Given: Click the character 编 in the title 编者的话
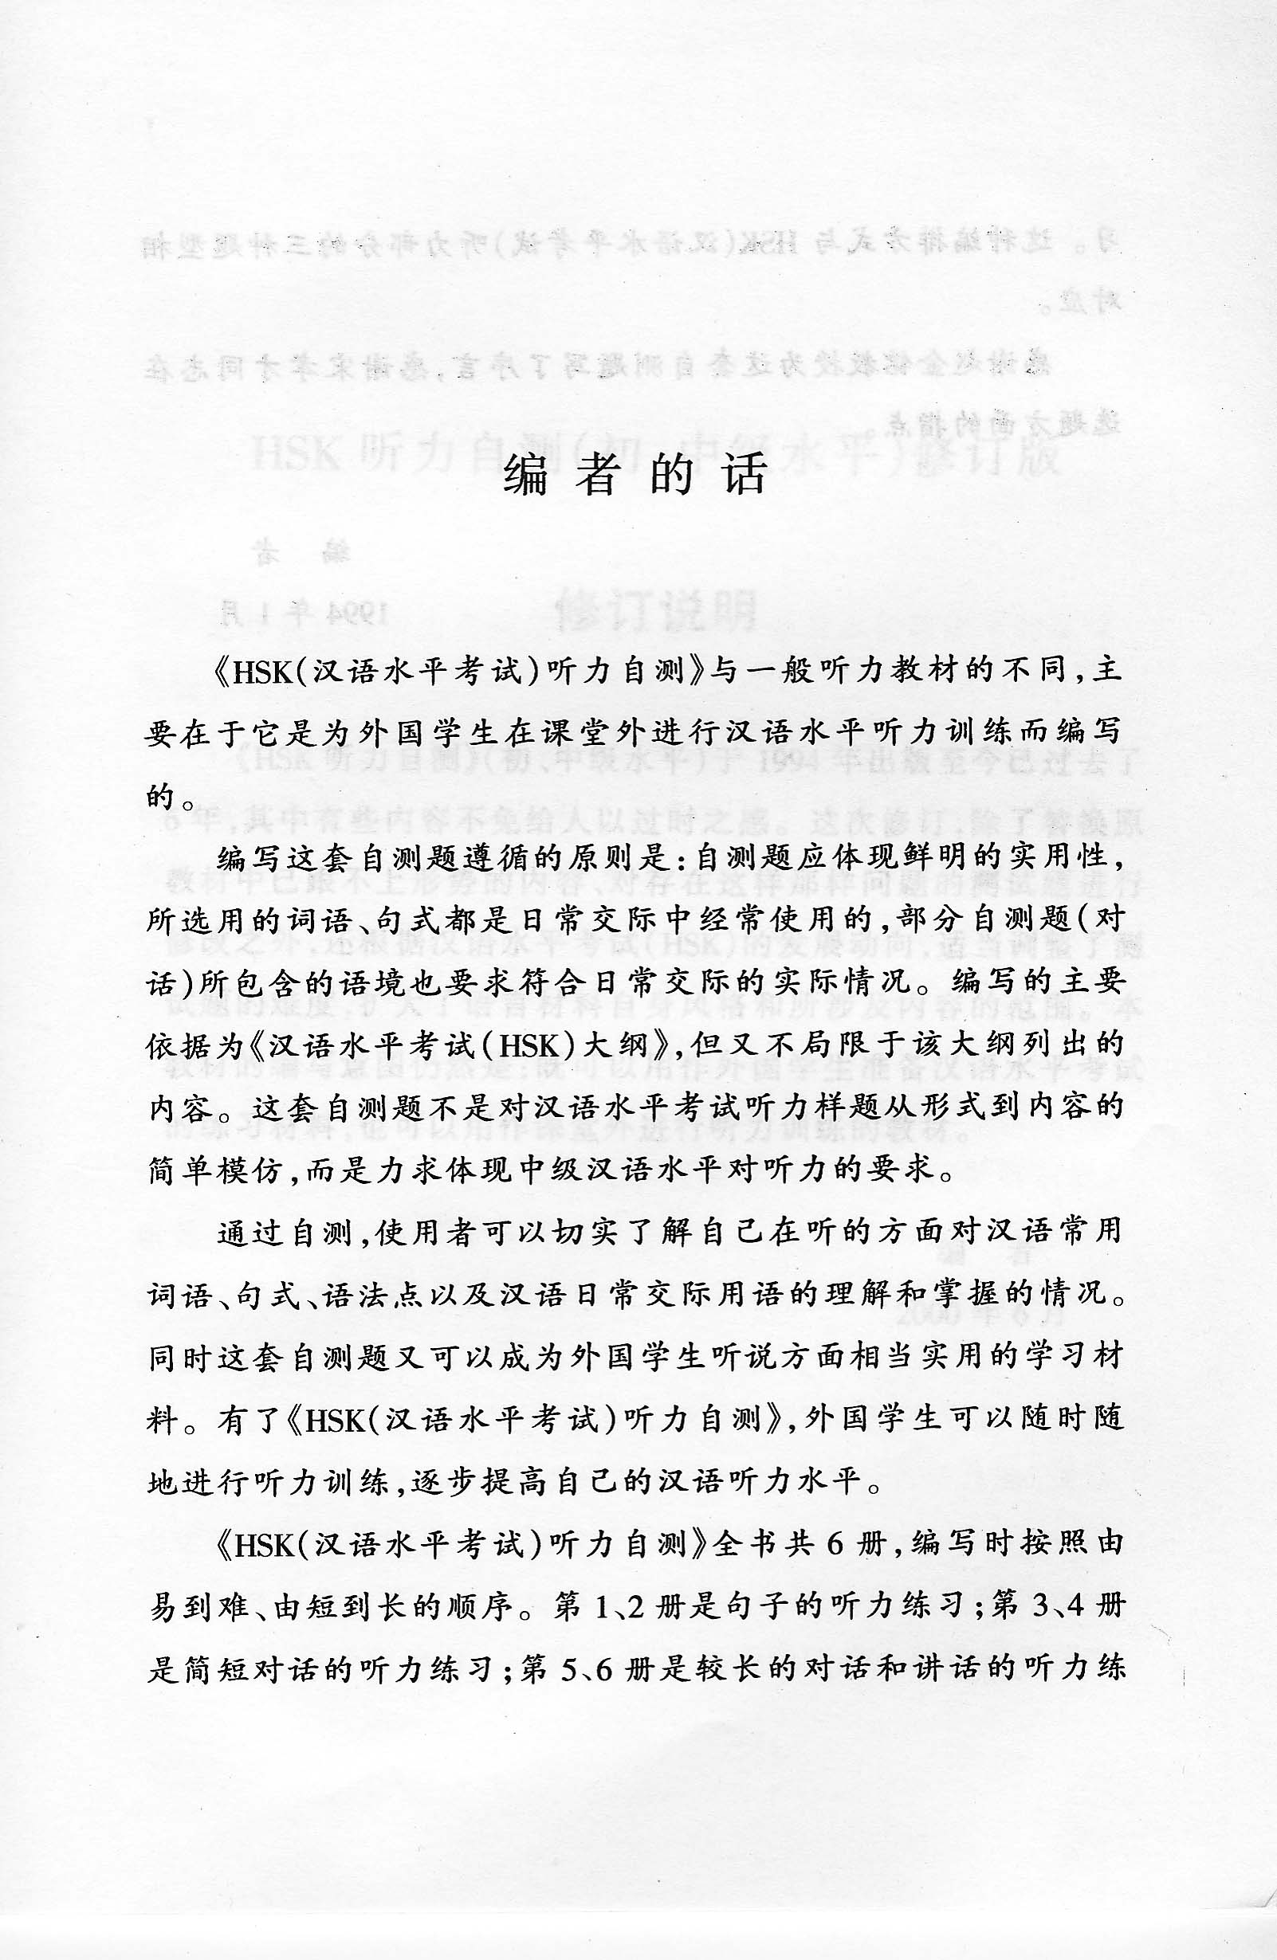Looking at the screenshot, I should [x=525, y=475].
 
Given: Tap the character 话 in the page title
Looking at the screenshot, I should [x=745, y=475].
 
